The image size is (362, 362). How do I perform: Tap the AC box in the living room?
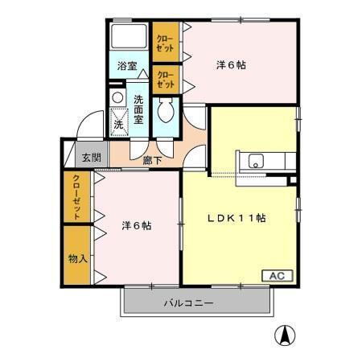(276, 276)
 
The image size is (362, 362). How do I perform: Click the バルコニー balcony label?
(189, 304)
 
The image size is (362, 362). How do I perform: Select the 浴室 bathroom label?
(127, 66)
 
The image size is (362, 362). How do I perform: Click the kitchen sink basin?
(257, 159)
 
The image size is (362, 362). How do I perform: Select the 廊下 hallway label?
(153, 160)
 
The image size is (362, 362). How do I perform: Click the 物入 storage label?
(76, 259)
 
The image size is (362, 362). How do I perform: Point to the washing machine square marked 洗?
(118, 125)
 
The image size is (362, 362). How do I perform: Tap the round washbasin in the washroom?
(117, 98)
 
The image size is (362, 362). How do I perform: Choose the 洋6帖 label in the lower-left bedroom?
(137, 225)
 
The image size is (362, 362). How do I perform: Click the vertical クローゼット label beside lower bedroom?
(76, 197)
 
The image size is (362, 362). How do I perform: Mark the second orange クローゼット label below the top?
(164, 80)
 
